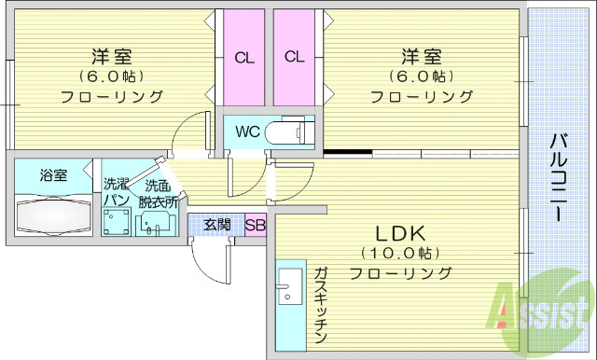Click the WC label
pyautogui.click(x=246, y=132)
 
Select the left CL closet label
pyautogui.click(x=244, y=58)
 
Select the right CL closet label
pyautogui.click(x=295, y=58)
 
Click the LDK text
pyautogui.click(x=400, y=231)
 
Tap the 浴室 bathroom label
pyautogui.click(x=53, y=175)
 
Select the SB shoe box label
pyautogui.click(x=256, y=225)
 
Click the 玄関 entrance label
pyautogui.click(x=217, y=225)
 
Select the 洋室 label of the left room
pyautogui.click(x=111, y=55)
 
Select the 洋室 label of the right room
pyautogui.click(x=421, y=55)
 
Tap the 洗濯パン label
pyautogui.click(x=116, y=192)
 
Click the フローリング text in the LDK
pyautogui.click(x=400, y=273)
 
